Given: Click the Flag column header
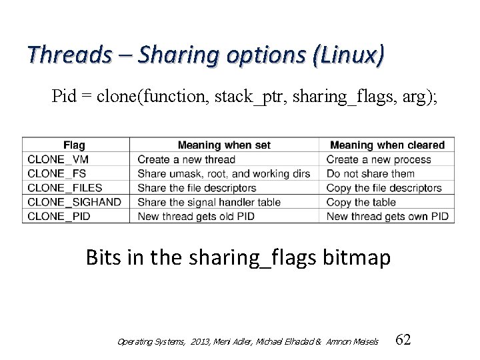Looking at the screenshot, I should (x=74, y=145).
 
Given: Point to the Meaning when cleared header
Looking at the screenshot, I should (x=387, y=145).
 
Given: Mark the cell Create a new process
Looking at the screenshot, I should (x=379, y=159).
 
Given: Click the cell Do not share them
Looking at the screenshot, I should (x=371, y=174).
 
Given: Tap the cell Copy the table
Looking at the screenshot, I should (x=361, y=202).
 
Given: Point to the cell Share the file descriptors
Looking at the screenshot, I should (x=197, y=188).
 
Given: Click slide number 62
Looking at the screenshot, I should (x=403, y=340).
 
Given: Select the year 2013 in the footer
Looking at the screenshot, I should (x=180, y=342).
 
